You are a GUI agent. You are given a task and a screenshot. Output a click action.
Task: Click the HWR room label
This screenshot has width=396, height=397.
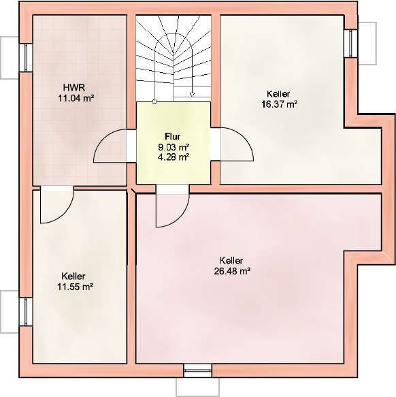(74, 88)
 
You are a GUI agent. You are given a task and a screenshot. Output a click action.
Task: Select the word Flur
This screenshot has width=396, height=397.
(173, 136)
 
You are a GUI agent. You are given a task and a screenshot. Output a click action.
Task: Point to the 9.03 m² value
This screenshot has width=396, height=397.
(174, 147)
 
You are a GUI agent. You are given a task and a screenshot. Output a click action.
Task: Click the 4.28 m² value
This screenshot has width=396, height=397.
(174, 157)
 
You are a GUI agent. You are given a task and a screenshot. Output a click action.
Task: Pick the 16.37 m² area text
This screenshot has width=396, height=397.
(280, 104)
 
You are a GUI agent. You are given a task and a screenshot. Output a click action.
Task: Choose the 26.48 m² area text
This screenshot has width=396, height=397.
(232, 271)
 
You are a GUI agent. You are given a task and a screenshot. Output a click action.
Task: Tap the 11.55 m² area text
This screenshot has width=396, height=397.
(75, 287)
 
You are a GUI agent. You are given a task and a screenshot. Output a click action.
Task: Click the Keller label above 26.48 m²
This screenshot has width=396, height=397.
(231, 260)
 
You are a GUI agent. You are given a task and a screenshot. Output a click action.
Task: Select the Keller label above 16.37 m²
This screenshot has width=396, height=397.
(278, 94)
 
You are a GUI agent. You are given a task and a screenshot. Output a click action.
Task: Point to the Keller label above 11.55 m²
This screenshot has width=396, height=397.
(73, 276)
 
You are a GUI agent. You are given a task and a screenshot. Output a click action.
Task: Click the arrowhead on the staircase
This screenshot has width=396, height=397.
(193, 95)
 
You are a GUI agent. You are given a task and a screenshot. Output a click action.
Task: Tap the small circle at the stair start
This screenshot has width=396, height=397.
(154, 101)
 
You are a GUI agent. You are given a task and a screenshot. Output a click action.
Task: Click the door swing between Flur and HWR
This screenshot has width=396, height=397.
(99, 142)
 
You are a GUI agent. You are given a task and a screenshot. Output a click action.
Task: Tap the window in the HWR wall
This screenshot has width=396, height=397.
(26, 57)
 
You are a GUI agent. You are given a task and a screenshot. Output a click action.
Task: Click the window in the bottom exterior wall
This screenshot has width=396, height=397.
(197, 370)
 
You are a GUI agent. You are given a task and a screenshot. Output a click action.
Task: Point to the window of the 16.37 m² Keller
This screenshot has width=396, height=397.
(350, 44)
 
